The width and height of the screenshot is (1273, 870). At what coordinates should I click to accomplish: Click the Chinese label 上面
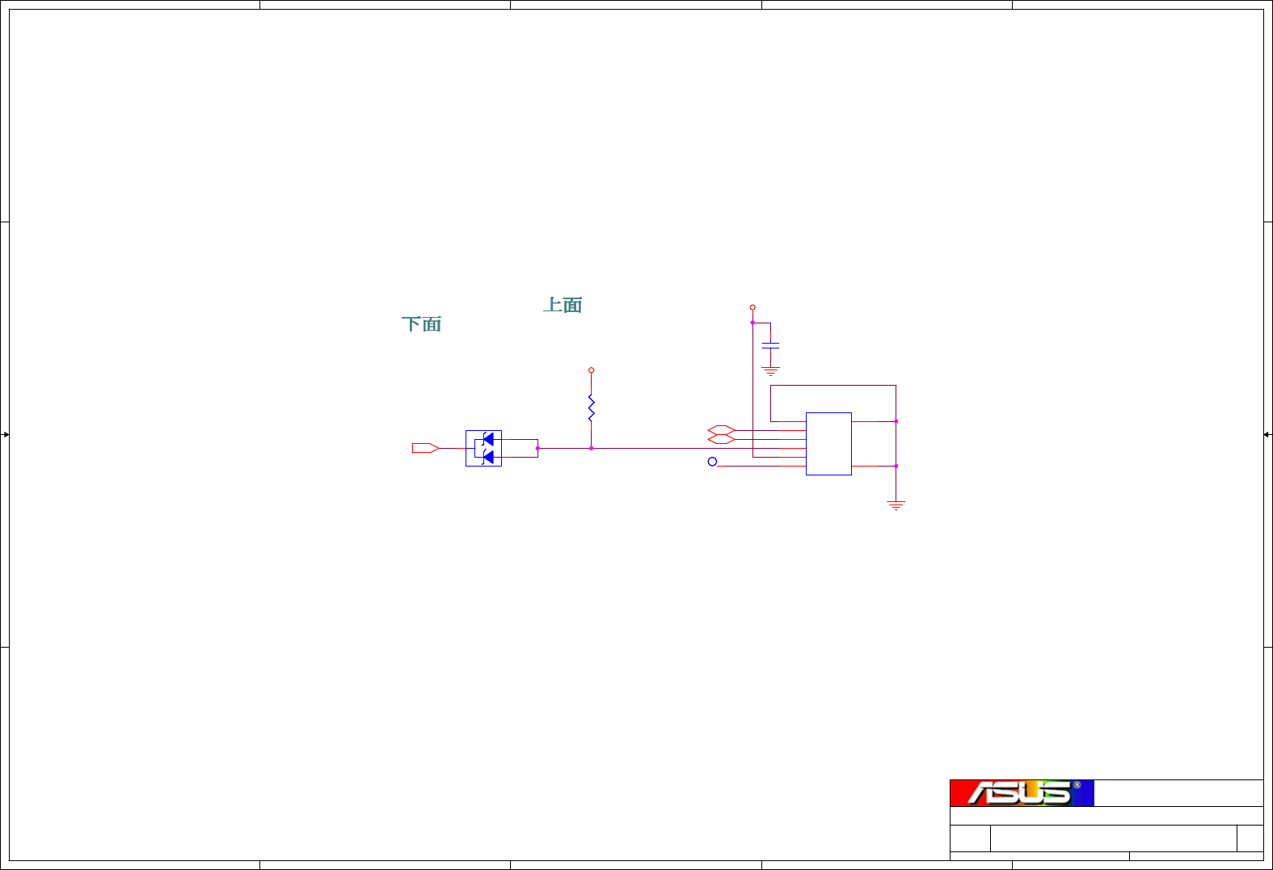[x=563, y=305]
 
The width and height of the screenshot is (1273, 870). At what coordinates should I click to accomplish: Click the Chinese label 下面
[x=421, y=324]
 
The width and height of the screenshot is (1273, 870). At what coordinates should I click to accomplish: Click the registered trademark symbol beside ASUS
[x=1077, y=785]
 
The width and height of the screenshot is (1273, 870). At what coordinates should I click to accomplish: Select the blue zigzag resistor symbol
[x=592, y=408]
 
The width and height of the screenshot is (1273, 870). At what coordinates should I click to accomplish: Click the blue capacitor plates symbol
[x=771, y=345]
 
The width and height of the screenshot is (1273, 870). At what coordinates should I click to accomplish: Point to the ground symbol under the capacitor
[x=771, y=371]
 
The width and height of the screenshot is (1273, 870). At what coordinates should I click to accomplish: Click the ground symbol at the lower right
[x=896, y=505]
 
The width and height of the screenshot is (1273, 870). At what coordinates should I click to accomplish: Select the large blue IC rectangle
[x=828, y=444]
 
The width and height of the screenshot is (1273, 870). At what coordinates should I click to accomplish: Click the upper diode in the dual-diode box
[x=487, y=439]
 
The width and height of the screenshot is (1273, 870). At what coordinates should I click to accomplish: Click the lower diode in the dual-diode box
[x=487, y=457]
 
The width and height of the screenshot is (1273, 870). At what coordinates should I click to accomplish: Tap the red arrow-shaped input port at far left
[x=425, y=448]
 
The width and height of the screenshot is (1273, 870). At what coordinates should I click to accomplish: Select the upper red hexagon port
[x=721, y=430]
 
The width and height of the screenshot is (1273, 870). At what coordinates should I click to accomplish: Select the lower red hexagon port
[x=721, y=439]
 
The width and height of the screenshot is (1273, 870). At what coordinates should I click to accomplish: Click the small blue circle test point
[x=712, y=462]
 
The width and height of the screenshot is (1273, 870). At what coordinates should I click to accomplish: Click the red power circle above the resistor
[x=592, y=370]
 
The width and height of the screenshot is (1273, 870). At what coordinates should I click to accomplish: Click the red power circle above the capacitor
[x=752, y=307]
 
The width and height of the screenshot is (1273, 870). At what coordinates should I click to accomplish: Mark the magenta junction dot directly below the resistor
[x=592, y=448]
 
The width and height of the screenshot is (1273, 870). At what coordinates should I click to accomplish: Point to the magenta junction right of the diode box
[x=537, y=448]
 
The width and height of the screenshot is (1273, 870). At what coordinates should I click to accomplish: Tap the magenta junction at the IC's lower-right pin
[x=896, y=466]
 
